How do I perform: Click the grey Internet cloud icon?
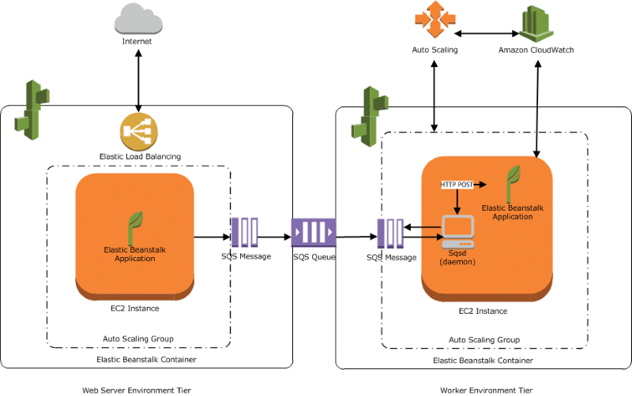pyautogui.click(x=138, y=19)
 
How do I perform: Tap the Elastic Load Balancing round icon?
pyautogui.click(x=139, y=132)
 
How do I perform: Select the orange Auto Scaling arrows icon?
pyautogui.click(x=435, y=19)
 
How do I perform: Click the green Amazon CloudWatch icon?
pyautogui.click(x=536, y=24)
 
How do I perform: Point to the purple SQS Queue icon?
pyautogui.click(x=314, y=232)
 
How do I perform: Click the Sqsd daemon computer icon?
pyautogui.click(x=458, y=232)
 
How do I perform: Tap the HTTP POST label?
pyautogui.click(x=457, y=185)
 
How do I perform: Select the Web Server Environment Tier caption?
pyautogui.click(x=137, y=390)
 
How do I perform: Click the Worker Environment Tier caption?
pyautogui.click(x=486, y=390)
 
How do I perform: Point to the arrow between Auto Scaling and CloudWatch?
pyautogui.click(x=487, y=34)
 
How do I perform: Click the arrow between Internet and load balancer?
pyautogui.click(x=138, y=81)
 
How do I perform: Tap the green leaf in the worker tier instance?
pyautogui.click(x=513, y=184)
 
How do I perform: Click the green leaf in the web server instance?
pyautogui.click(x=135, y=228)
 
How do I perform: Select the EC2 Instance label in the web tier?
pyautogui.click(x=134, y=308)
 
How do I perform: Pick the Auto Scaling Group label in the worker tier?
pyautogui.click(x=484, y=340)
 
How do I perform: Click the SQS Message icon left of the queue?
pyautogui.click(x=245, y=232)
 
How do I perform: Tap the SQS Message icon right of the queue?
pyautogui.click(x=390, y=233)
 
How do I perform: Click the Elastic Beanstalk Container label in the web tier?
pyautogui.click(x=146, y=360)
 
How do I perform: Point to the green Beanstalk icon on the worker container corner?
pyautogui.click(x=370, y=116)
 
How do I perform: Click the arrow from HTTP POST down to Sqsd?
pyautogui.click(x=457, y=202)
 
